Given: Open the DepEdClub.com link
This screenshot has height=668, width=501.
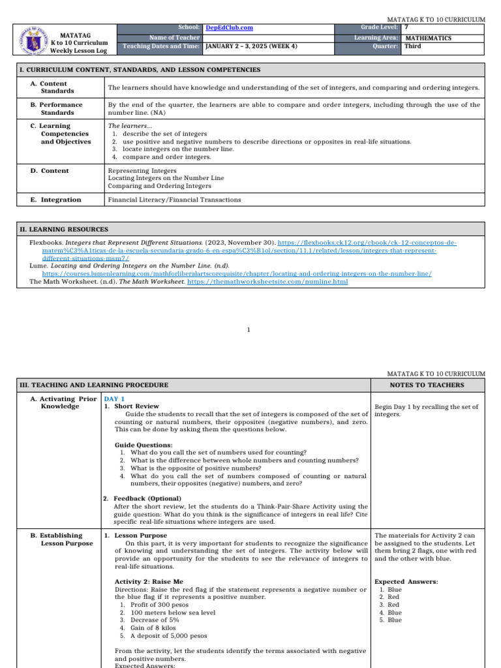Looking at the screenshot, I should tap(229, 28).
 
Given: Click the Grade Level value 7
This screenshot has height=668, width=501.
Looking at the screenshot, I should tap(406, 27).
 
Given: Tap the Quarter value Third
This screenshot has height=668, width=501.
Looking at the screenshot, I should tap(413, 47).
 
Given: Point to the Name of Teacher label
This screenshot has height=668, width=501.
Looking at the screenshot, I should tap(174, 38).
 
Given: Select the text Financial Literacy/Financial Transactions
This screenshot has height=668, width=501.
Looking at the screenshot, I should tap(174, 200).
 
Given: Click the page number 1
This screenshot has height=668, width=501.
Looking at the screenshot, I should tap(249, 329).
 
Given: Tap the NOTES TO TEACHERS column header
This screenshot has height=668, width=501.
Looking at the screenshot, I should tap(428, 385).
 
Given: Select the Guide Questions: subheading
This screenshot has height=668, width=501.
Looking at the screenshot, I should tap(144, 445).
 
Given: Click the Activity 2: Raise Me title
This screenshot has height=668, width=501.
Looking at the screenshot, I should tap(149, 581).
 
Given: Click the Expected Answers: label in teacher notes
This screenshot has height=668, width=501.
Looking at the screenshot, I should tap(406, 581).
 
